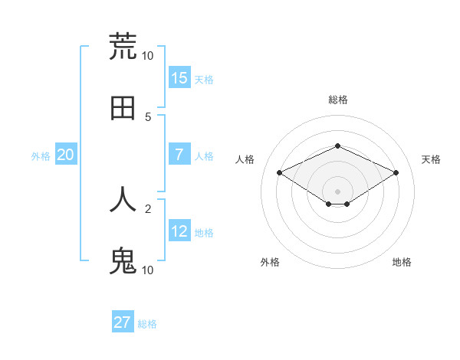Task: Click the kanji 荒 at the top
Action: pyautogui.click(x=123, y=46)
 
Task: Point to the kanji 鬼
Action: pyautogui.click(x=123, y=261)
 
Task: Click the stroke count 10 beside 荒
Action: pyautogui.click(x=147, y=56)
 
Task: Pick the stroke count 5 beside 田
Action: pyautogui.click(x=148, y=116)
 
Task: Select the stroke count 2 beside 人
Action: pyautogui.click(x=148, y=208)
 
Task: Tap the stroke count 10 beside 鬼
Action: pyautogui.click(x=147, y=270)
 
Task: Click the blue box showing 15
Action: pyautogui.click(x=179, y=78)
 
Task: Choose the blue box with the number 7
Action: pyautogui.click(x=179, y=155)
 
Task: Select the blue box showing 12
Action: pyautogui.click(x=179, y=231)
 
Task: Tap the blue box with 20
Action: pyautogui.click(x=66, y=155)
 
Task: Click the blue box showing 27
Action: pyautogui.click(x=123, y=322)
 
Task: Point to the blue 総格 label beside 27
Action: pyautogui.click(x=147, y=324)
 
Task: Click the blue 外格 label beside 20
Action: pyautogui.click(x=41, y=155)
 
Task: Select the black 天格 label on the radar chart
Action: pyautogui.click(x=431, y=159)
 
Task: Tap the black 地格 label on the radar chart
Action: pyautogui.click(x=402, y=262)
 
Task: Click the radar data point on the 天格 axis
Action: pyautogui.click(x=396, y=173)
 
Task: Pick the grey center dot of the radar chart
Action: pyautogui.click(x=337, y=191)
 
